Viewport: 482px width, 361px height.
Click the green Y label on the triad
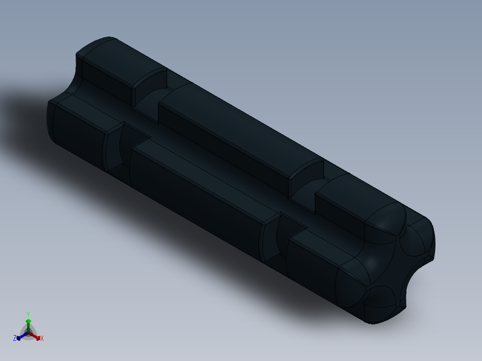click(x=28, y=314)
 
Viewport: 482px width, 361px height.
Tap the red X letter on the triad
click(x=42, y=339)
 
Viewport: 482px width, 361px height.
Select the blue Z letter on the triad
click(x=15, y=339)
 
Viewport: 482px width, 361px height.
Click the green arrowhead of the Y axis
click(x=28, y=321)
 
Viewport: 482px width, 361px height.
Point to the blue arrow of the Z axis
click(x=20, y=337)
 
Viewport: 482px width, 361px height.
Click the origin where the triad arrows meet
click(x=28, y=333)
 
